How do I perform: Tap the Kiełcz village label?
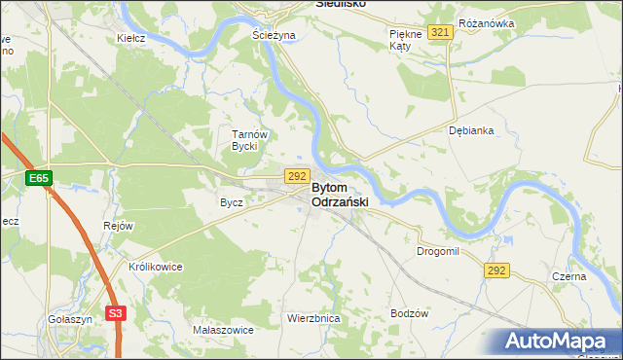tap(130, 38)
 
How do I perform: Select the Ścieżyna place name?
tap(274, 35)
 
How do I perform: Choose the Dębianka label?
tap(471, 129)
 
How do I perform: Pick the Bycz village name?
tap(231, 202)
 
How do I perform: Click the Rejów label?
tap(117, 226)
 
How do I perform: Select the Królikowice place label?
tap(149, 266)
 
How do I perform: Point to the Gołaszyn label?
tap(69, 318)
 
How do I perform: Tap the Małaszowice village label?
tap(223, 330)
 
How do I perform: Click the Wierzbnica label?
tap(312, 318)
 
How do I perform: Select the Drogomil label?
tap(437, 251)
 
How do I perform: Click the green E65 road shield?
tap(38, 179)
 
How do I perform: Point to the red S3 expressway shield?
tap(116, 313)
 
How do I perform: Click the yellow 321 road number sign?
tap(441, 32)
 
